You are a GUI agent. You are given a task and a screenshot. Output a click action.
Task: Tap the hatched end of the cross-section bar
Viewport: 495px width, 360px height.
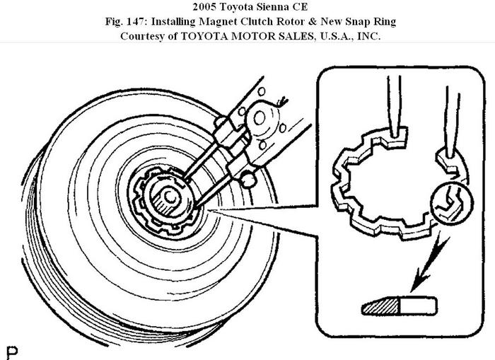(381, 306)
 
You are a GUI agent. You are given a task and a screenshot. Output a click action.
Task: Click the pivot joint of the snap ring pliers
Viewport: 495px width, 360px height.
(267, 114)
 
